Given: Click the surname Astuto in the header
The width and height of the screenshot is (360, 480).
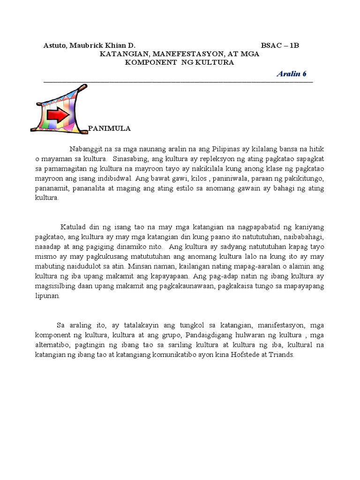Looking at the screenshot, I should click(x=55, y=45).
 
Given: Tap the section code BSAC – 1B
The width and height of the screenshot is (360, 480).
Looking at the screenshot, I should click(x=280, y=45).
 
